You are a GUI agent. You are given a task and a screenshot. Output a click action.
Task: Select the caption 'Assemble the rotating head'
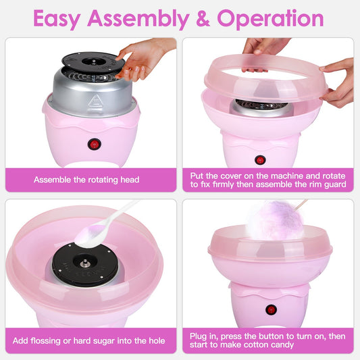coord(86,180)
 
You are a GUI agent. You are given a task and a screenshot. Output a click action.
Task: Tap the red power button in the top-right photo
coord(260,160)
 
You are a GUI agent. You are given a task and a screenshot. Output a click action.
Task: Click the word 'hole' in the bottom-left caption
coord(154,341)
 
